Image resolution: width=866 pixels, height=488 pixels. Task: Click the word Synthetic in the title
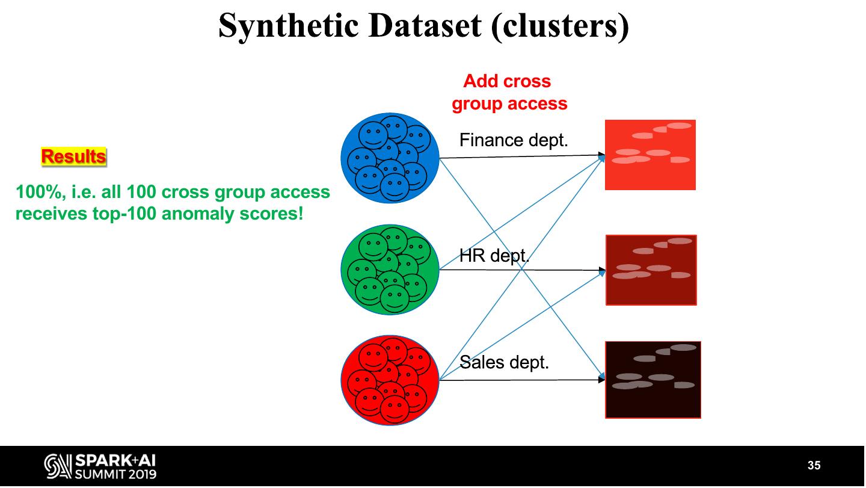tap(289, 26)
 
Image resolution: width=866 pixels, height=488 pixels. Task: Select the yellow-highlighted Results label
tap(73, 156)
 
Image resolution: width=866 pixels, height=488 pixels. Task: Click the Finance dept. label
tap(514, 140)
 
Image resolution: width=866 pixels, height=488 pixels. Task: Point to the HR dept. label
tap(494, 256)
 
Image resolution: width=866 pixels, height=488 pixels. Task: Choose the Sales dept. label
tap(504, 362)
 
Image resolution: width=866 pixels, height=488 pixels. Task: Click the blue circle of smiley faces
tap(390, 158)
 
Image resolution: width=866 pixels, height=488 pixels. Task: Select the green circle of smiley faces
tap(390, 270)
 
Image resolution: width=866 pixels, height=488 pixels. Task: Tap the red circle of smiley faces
tap(390, 380)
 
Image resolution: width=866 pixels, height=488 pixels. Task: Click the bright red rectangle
tap(650, 155)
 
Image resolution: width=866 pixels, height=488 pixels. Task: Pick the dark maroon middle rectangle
tap(651, 270)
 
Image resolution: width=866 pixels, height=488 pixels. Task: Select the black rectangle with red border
tap(653, 380)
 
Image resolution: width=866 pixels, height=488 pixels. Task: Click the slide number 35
tap(814, 465)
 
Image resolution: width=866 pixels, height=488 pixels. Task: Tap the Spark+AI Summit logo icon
tap(58, 466)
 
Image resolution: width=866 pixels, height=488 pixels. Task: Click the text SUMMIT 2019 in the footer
tap(115, 474)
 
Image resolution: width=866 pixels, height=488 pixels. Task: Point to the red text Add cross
tap(507, 81)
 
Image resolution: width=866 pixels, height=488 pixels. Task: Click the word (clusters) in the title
tap(560, 26)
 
